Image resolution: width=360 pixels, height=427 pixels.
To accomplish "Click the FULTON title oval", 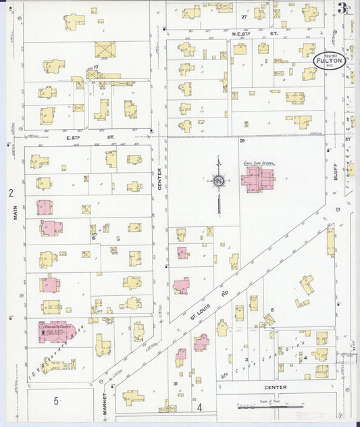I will tap(331, 59).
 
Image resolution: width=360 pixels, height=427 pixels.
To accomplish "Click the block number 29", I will tap(241, 141).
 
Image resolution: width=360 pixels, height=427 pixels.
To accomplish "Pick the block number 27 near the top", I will tap(243, 15).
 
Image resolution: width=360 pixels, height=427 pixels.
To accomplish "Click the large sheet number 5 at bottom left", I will tap(57, 401).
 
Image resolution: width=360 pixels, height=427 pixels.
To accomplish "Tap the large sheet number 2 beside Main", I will tap(11, 193).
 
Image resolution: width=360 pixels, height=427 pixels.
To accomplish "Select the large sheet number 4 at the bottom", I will tap(200, 407).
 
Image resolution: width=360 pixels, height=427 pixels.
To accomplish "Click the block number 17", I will tap(97, 68).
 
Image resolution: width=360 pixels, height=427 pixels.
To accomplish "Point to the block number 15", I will tap(93, 236).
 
